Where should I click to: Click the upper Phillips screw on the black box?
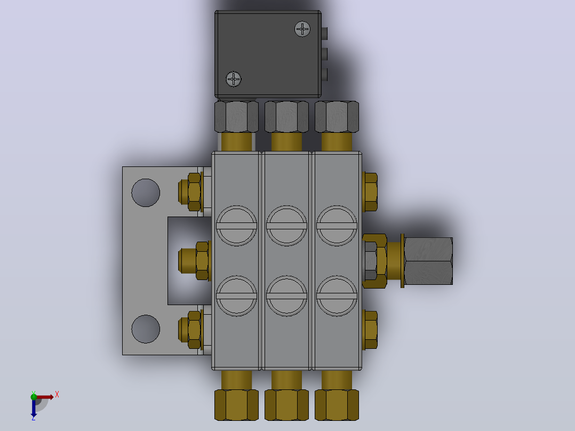click(x=302, y=29)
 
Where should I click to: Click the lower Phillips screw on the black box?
click(x=234, y=79)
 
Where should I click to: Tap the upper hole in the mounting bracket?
click(x=146, y=193)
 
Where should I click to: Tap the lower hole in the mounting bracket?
click(x=146, y=329)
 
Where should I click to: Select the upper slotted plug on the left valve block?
click(x=236, y=226)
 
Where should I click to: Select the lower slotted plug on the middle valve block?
click(x=286, y=296)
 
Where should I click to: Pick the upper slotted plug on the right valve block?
click(x=337, y=226)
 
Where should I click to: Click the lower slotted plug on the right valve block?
click(x=337, y=296)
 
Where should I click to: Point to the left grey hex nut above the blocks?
click(x=236, y=117)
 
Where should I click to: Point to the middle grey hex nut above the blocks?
click(x=286, y=117)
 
